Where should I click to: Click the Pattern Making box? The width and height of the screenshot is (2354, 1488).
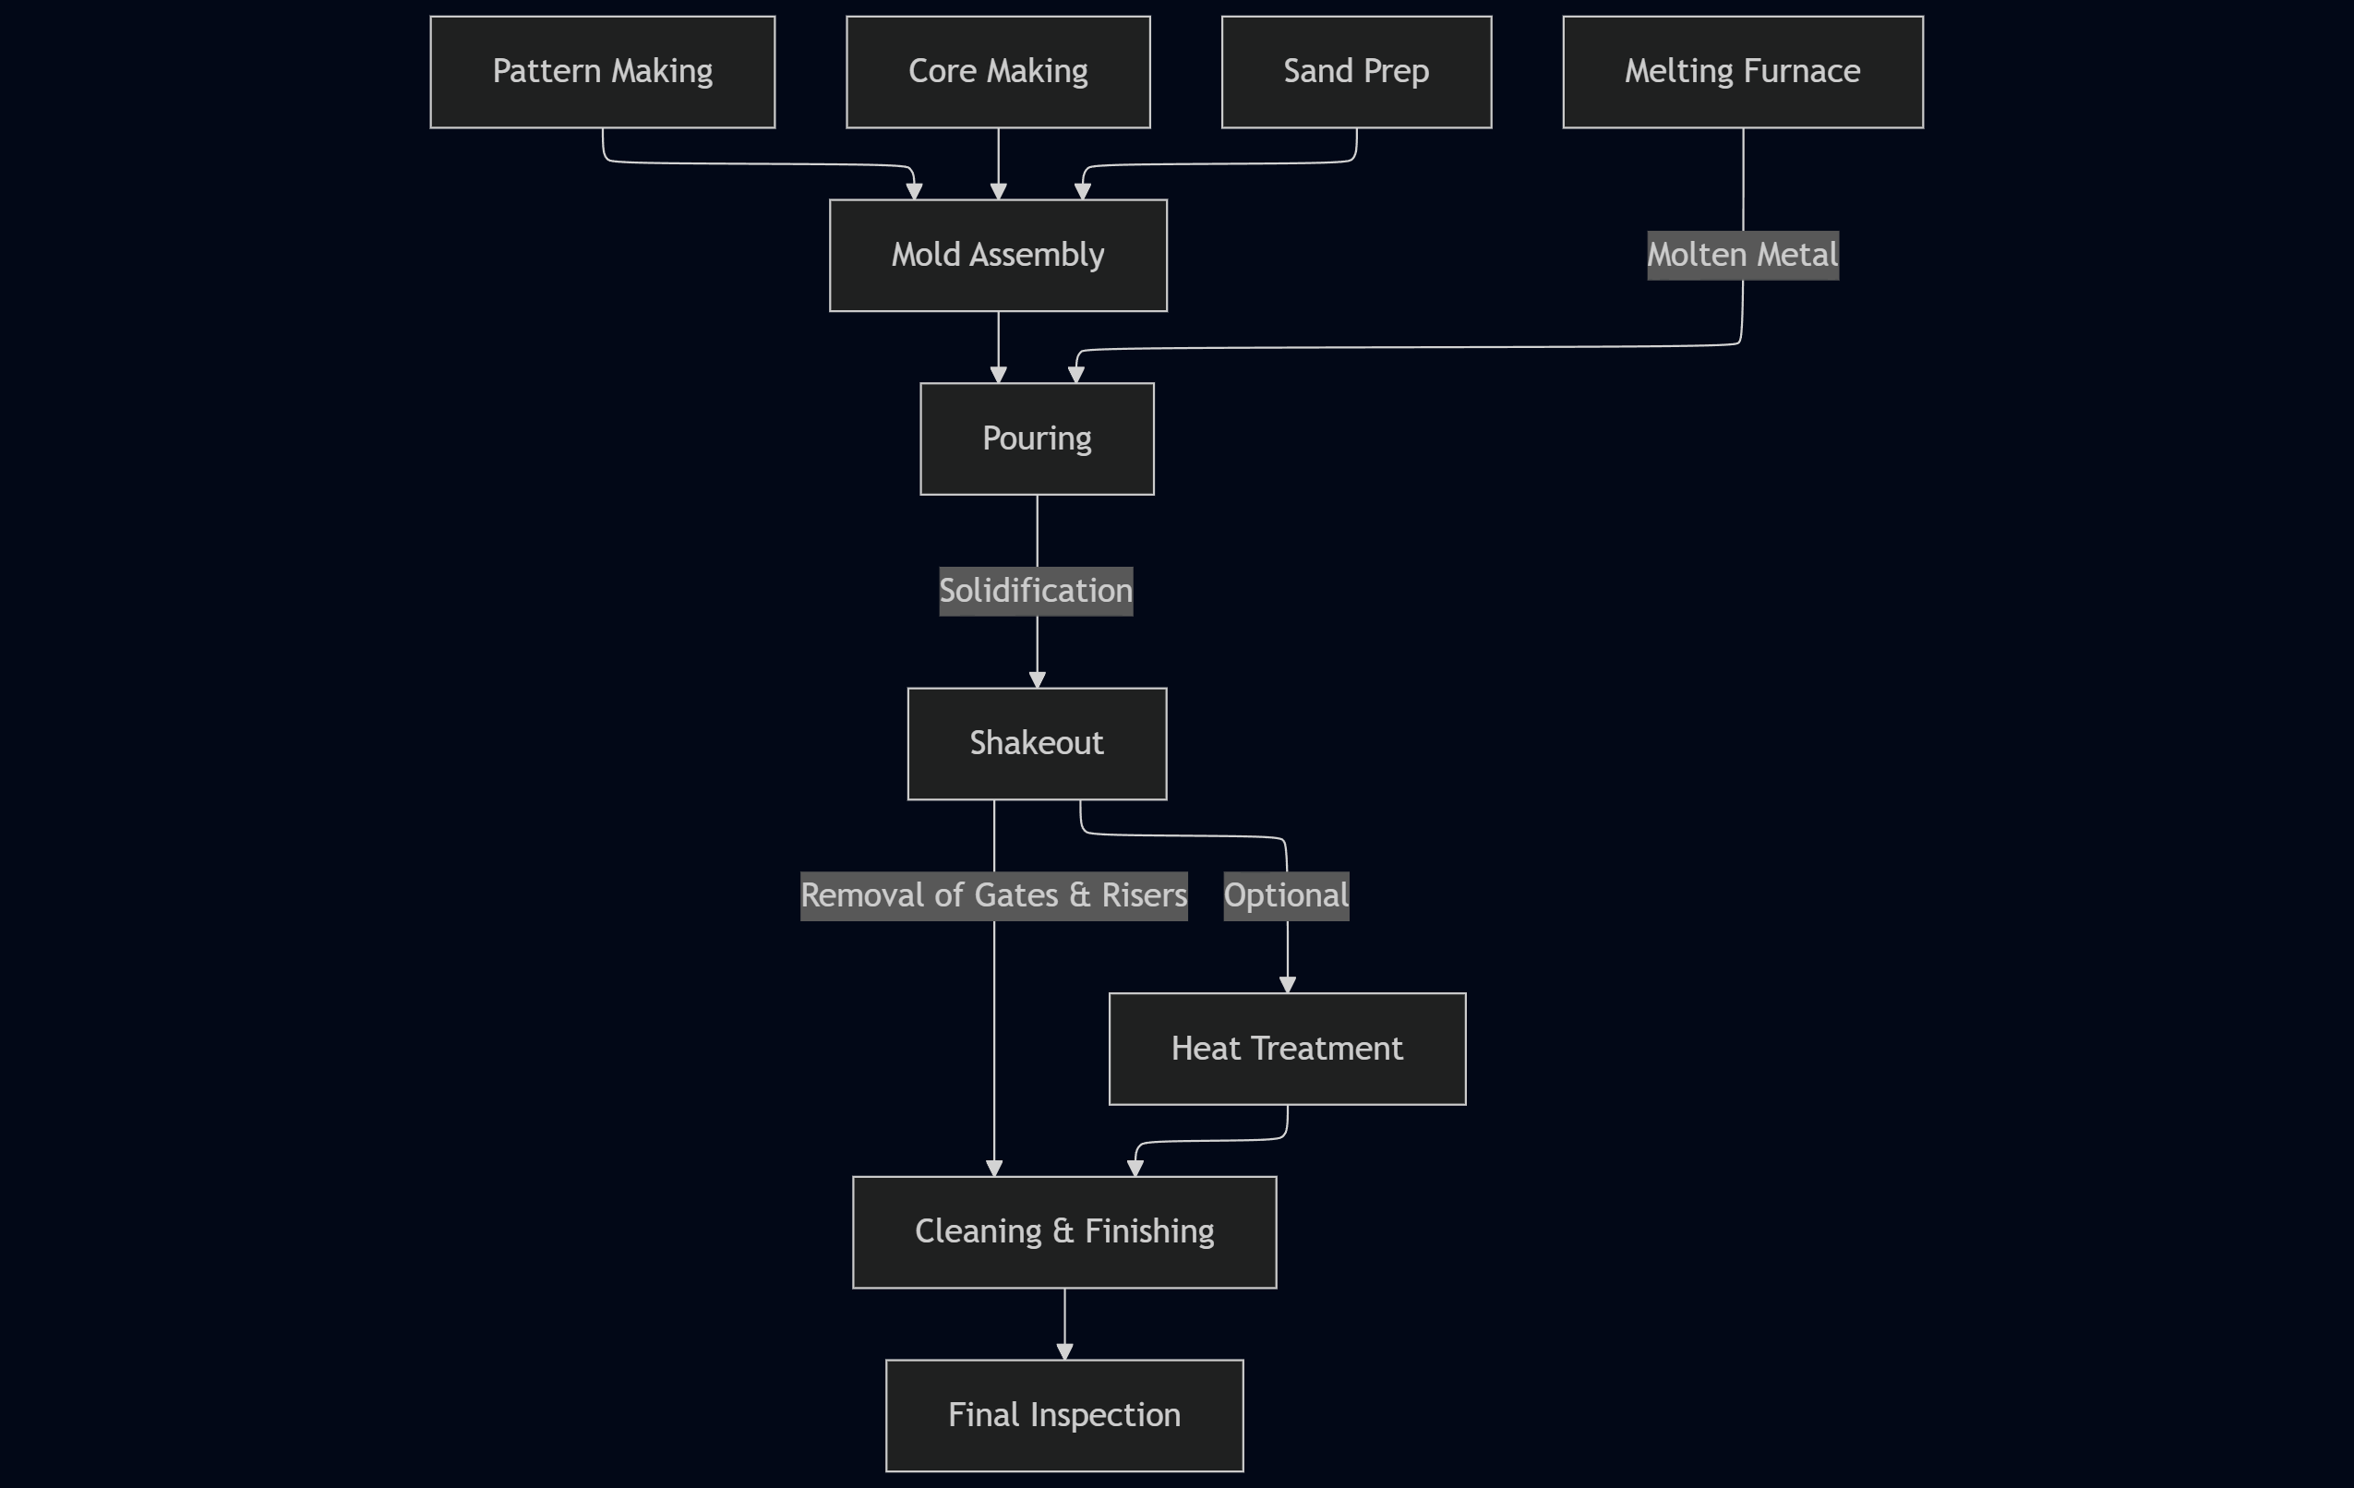point(602,71)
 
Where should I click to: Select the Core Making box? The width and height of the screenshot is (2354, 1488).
point(998,71)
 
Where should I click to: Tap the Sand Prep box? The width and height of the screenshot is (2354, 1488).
point(1356,71)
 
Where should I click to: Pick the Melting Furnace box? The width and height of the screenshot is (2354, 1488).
point(1742,71)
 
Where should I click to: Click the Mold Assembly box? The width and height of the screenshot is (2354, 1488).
point(998,255)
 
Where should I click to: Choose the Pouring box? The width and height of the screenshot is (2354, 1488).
point(1037,439)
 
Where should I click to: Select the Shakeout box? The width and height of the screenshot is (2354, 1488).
point(1037,744)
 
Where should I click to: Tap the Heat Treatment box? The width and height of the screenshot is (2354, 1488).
point(1287,1049)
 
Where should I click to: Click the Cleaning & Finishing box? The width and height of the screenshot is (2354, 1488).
point(1063,1232)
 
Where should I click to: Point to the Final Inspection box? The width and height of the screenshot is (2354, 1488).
point(1063,1416)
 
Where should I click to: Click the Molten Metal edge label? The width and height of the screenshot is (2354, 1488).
point(1742,255)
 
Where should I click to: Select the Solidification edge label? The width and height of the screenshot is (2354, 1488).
point(1035,592)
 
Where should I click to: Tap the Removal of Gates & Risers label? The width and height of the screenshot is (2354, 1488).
point(993,895)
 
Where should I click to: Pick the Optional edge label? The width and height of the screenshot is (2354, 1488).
point(1286,895)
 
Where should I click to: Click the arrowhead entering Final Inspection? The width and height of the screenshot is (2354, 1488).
point(1064,1352)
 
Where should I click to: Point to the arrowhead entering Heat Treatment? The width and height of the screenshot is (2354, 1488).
point(1288,986)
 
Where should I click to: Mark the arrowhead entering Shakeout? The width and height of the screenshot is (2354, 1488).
point(1038,680)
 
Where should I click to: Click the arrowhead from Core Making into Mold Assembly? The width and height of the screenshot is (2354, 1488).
point(998,192)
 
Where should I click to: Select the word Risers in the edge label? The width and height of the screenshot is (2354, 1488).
point(1144,895)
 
